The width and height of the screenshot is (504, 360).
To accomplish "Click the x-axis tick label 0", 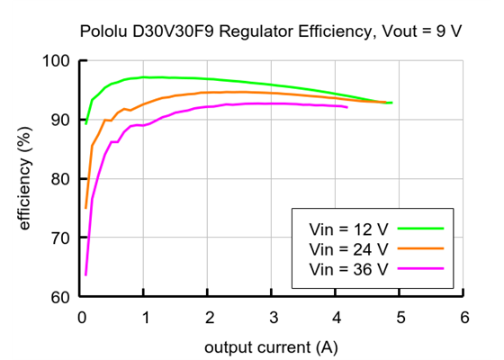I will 82,318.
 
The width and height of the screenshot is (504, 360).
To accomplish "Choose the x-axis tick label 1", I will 145,318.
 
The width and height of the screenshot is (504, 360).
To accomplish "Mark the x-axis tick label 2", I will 209,318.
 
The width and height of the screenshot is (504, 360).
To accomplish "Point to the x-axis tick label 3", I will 273,318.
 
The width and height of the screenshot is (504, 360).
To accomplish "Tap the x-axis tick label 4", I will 337,318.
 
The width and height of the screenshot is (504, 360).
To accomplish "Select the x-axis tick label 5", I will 400,318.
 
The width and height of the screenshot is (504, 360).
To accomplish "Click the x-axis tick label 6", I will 463,318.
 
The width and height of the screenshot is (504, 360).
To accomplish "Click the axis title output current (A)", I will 272,346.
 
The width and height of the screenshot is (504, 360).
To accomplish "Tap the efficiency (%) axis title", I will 25,178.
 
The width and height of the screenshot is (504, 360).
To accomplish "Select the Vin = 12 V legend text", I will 348,229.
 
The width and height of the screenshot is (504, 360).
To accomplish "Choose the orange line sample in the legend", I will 421,248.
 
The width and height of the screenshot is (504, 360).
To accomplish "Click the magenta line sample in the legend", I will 421,268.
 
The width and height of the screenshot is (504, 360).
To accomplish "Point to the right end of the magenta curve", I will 347,107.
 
